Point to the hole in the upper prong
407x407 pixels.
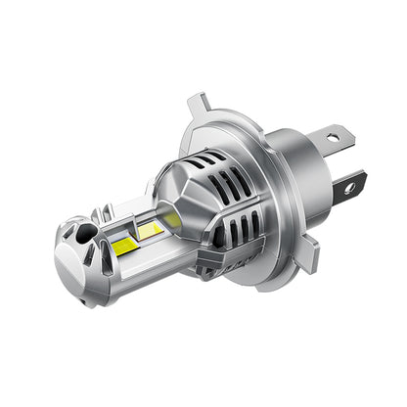(x=333, y=135)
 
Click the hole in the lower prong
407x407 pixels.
(x=349, y=183)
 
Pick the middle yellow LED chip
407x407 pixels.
(x=150, y=230)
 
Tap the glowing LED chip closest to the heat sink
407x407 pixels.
(x=169, y=220)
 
